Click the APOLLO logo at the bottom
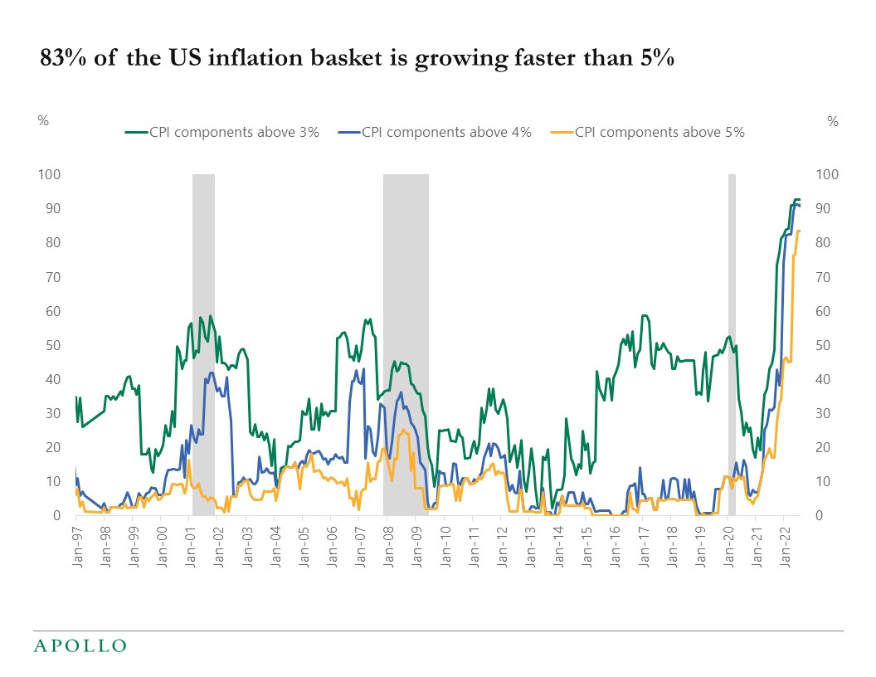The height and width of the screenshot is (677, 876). pos(80,645)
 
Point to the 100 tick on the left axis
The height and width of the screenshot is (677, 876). pos(51,174)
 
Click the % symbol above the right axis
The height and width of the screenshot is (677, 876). pos(833,121)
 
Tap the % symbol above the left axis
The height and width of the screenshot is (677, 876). pos(43,121)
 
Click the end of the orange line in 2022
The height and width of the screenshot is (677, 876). pos(799,231)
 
